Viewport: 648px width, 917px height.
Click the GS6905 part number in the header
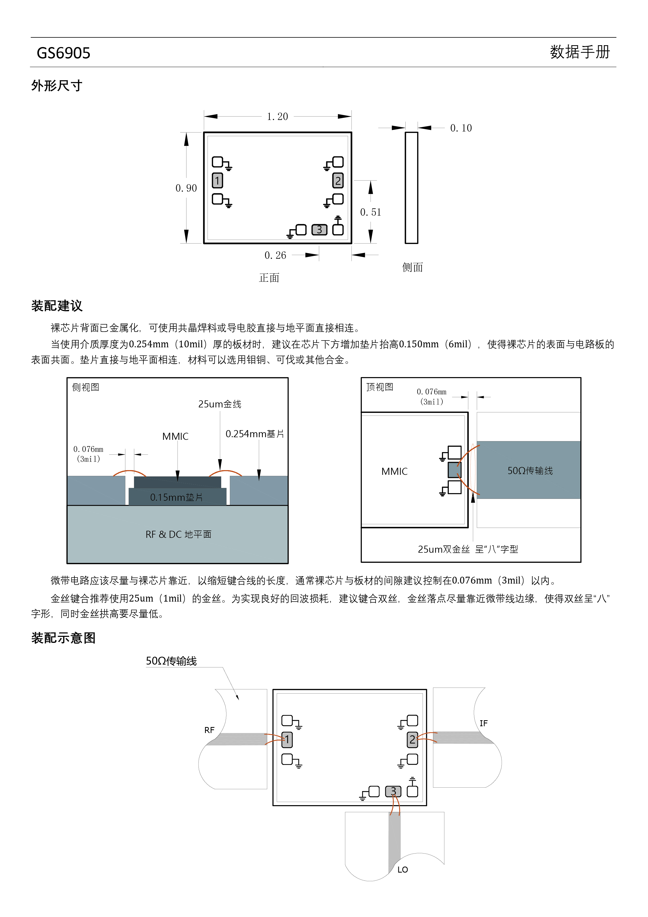coord(63,53)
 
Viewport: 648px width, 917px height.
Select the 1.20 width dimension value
coord(277,117)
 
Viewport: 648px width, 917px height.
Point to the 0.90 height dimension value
coord(186,188)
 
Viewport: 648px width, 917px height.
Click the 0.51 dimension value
coord(371,212)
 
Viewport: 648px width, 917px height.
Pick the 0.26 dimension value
coord(276,255)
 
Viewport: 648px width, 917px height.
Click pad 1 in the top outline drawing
coord(217,181)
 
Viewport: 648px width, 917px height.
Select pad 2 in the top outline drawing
coord(338,181)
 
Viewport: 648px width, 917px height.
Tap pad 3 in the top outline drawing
coord(319,230)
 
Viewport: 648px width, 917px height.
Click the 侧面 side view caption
coord(412,267)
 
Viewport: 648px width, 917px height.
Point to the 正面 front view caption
coord(269,278)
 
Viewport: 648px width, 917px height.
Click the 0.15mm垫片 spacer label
coord(177,497)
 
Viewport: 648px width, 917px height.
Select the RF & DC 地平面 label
coord(178,534)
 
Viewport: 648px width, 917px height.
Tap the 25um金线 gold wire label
coord(220,404)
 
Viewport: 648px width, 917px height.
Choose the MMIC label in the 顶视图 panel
coord(394,472)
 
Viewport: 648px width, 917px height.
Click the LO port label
coord(402,870)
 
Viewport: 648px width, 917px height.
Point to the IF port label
coord(483,723)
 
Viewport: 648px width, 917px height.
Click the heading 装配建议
coord(57,306)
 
